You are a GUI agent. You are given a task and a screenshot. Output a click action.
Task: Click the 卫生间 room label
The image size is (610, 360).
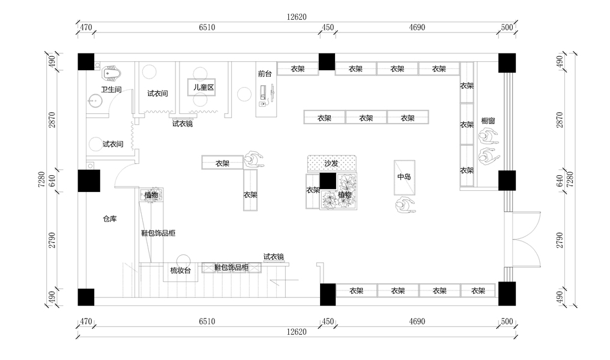(x=111, y=89)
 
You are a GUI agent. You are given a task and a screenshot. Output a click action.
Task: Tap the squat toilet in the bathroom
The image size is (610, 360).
(x=112, y=74)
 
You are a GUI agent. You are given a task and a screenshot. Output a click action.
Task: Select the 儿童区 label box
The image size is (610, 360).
(x=203, y=88)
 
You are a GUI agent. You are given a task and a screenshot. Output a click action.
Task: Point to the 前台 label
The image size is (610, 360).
(x=265, y=74)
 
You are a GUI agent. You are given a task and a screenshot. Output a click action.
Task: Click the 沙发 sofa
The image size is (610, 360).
(x=331, y=163)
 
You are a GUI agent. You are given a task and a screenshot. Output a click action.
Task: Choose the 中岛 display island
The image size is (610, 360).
(x=404, y=177)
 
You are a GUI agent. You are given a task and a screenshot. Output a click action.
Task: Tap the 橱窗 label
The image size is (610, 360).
(x=488, y=121)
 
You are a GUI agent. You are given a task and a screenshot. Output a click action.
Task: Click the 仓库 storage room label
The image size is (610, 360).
(x=109, y=219)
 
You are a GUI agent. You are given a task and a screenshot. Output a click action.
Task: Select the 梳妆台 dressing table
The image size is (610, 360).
(x=180, y=271)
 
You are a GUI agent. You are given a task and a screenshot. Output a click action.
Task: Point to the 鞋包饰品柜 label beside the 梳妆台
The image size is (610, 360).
(x=231, y=268)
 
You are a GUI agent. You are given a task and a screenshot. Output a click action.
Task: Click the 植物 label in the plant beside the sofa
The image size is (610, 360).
(x=345, y=194)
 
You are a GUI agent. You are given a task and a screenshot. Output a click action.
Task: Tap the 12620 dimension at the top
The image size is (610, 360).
(x=297, y=17)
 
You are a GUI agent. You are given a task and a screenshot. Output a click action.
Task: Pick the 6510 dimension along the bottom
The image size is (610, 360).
(x=206, y=322)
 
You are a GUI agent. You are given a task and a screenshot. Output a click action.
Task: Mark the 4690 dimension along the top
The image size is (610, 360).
(x=417, y=28)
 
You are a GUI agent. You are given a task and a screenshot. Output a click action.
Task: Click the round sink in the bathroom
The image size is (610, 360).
(x=95, y=100)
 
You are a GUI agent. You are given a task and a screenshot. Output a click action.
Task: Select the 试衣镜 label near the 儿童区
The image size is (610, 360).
(x=183, y=124)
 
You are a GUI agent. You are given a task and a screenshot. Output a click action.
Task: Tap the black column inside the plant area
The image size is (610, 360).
(x=328, y=181)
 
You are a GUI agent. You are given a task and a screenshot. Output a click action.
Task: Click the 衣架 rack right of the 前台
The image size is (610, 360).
(x=297, y=69)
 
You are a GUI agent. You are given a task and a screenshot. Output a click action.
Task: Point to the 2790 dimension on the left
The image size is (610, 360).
(x=52, y=240)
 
